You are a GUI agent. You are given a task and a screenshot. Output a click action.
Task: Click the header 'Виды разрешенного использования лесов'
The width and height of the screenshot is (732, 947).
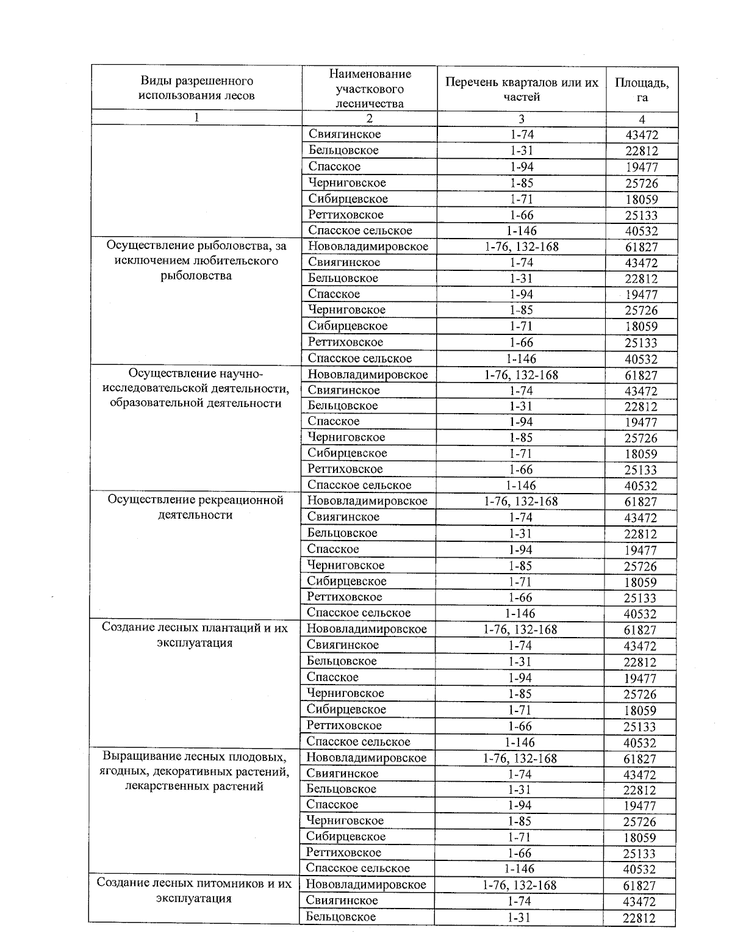tap(196, 88)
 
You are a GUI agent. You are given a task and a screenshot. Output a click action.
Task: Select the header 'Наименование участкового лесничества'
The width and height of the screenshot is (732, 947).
tap(370, 88)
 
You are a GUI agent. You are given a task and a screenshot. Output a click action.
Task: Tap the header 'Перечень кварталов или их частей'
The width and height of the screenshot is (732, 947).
tap(522, 89)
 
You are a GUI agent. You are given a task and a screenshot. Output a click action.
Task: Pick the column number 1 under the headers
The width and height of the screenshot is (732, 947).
tap(196, 118)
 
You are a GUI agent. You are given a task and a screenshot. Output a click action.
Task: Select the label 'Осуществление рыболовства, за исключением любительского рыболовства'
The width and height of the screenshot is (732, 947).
tap(196, 261)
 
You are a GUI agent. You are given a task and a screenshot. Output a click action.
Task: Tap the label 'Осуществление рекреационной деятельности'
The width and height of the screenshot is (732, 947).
tap(196, 508)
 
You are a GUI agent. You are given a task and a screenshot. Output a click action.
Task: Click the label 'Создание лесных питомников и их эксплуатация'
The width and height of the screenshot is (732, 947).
tap(194, 891)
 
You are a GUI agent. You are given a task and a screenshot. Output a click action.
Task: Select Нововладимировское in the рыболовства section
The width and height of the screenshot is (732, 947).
tap(368, 247)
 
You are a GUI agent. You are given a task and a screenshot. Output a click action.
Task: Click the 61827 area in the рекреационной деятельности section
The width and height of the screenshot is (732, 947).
tap(641, 502)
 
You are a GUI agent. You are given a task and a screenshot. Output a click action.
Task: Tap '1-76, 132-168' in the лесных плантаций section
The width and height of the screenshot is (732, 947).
tap(520, 630)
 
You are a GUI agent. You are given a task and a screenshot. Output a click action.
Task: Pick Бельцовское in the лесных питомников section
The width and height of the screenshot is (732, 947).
tap(341, 916)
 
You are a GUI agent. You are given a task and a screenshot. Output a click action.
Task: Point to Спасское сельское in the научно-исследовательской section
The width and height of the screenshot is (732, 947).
tap(359, 485)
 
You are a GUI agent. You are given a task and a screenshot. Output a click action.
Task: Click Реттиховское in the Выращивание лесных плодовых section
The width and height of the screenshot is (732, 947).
tap(344, 852)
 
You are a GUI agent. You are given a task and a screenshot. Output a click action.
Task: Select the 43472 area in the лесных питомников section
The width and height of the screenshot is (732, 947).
tap(639, 902)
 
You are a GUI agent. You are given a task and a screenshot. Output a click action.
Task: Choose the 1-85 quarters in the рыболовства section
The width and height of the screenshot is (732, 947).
tap(521, 310)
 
